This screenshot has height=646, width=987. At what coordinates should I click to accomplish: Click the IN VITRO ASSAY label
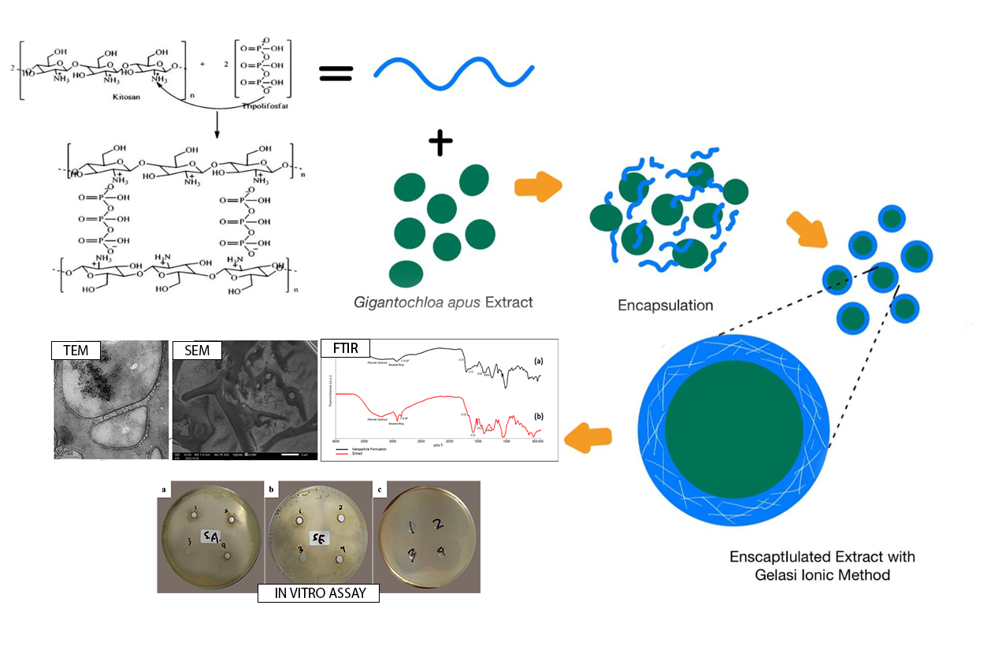tap(318, 593)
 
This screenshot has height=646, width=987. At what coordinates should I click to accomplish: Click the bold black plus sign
tap(441, 143)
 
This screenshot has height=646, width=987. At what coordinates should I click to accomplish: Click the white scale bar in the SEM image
tap(289, 455)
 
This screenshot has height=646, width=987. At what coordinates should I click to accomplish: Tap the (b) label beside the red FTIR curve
tap(540, 414)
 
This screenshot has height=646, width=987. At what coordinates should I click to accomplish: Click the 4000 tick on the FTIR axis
tap(336, 440)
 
